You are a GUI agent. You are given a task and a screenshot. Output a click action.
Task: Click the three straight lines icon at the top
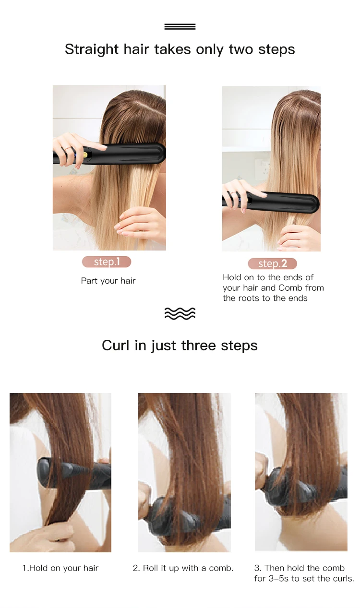[180, 26]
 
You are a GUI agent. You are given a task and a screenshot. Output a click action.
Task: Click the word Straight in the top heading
[92, 50]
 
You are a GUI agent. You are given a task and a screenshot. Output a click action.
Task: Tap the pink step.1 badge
[107, 262]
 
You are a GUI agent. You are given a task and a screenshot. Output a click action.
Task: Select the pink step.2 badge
[272, 263]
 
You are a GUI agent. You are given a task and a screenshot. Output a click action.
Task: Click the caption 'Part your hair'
[108, 281]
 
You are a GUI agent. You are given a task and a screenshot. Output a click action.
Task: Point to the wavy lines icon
[180, 313]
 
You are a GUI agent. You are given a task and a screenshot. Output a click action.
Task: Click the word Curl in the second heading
[115, 346]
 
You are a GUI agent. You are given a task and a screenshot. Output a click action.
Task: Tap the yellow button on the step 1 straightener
[84, 155]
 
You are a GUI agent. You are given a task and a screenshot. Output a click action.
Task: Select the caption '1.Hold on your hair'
[60, 568]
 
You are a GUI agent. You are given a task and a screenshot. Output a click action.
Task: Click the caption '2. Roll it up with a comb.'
[183, 568]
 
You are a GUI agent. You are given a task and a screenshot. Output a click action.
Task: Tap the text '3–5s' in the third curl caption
[278, 578]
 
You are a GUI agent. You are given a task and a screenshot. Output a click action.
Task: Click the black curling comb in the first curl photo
[74, 473]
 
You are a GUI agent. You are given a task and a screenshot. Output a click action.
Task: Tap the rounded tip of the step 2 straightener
[316, 204]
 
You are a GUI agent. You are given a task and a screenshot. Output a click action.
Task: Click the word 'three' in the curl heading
[198, 346]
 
